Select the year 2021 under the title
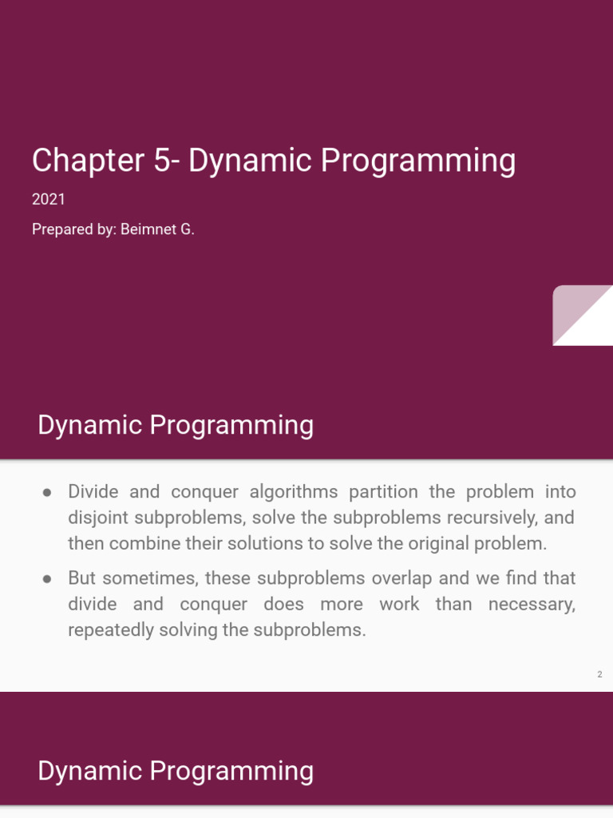pos(49,199)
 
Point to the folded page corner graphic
pos(582,315)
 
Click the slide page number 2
pos(599,674)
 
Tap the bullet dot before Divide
pos(47,492)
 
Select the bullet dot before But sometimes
pos(47,578)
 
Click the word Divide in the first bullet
pos(93,491)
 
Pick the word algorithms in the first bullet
pos(294,492)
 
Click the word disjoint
pos(98,518)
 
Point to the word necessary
pos(532,605)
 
